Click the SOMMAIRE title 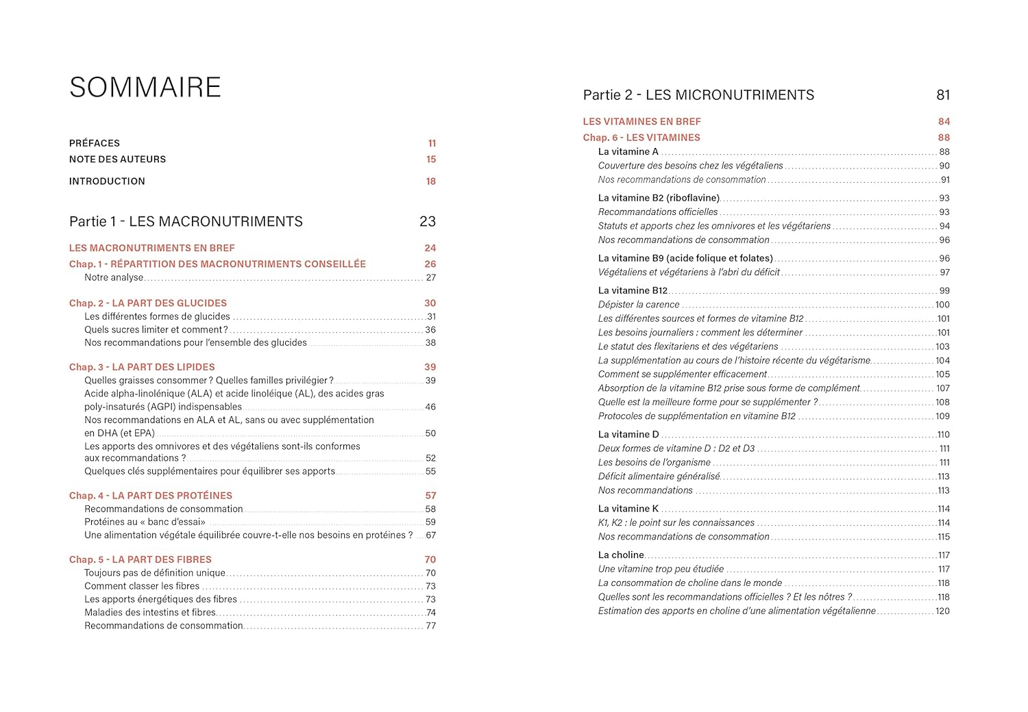pos(145,88)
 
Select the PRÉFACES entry pos(95,143)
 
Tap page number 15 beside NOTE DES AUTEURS pos(431,160)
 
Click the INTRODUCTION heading pos(107,181)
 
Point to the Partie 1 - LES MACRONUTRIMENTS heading pos(186,222)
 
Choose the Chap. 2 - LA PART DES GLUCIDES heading pos(148,303)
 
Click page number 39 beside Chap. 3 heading pos(430,368)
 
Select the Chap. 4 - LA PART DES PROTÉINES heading pos(151,496)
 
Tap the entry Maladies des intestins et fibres pos(150,613)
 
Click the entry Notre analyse pos(114,278)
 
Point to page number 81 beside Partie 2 pos(943,95)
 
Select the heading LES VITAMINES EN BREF pos(641,122)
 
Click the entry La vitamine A pos(628,152)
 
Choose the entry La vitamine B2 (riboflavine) pos(659,199)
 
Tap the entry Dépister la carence pos(639,305)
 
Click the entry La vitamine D pos(628,435)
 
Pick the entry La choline pos(621,555)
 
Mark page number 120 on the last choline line pos(942,611)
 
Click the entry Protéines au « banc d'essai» pos(145,522)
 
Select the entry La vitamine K pos(628,509)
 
